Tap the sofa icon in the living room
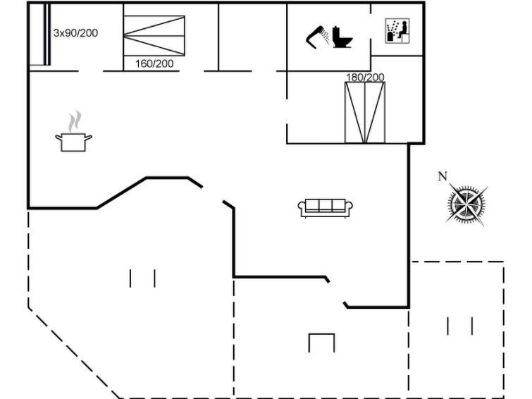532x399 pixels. [325, 208]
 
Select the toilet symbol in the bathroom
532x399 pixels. [342, 37]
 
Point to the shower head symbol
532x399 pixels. [317, 37]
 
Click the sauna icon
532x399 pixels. [397, 31]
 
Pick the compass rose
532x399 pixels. [466, 204]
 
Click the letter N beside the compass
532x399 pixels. [443, 176]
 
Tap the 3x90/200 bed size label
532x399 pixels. [75, 33]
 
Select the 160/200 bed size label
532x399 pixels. [154, 63]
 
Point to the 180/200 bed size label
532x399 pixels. [365, 77]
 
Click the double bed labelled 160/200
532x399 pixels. [154, 36]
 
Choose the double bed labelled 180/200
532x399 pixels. [365, 112]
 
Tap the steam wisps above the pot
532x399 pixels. [75, 121]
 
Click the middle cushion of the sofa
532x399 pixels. [325, 206]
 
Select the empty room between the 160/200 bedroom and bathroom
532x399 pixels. [252, 37]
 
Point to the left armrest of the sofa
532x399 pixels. [302, 207]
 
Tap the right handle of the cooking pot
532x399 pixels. [88, 137]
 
